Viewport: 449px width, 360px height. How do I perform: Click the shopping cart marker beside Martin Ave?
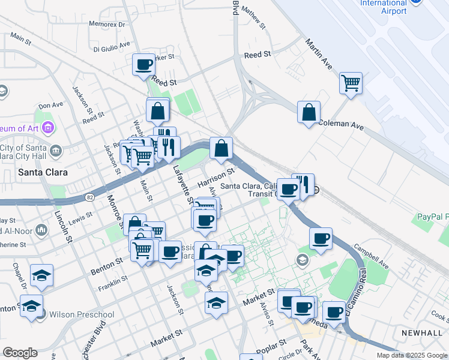coord(351,82)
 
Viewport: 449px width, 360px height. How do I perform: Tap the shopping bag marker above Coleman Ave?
coord(309,112)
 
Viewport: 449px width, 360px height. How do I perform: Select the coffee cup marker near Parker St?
coord(144,64)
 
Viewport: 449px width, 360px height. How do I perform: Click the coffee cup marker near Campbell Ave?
coord(321,238)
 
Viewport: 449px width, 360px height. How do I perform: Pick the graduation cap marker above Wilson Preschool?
coord(31,305)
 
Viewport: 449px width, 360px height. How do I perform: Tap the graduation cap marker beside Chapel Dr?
coord(41,275)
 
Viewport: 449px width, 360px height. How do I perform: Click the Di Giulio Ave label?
coord(112,45)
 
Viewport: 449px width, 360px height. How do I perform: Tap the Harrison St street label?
coord(216,178)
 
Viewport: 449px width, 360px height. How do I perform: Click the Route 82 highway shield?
coord(89,197)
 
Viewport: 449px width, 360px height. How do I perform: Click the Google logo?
coord(20,353)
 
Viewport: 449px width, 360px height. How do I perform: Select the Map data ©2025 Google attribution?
coord(411,355)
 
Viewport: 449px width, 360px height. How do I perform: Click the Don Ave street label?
coord(50,105)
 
